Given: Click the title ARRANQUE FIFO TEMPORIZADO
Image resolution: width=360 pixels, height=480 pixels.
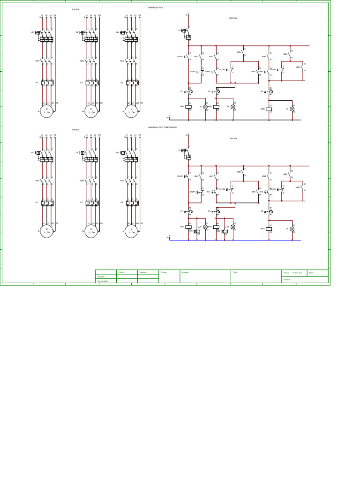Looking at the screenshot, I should tap(163, 127).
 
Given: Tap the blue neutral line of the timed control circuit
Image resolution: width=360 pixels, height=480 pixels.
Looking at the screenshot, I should tap(234, 240).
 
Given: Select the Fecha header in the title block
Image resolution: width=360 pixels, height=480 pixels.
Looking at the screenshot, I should tap(120, 272).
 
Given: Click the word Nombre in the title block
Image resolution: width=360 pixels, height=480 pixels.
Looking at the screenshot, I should tap(142, 272).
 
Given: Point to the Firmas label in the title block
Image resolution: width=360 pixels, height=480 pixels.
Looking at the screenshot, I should tap(164, 272).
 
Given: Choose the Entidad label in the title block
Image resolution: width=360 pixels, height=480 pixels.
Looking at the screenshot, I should tap(185, 272).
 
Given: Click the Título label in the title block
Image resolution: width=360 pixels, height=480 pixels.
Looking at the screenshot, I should tap(235, 272).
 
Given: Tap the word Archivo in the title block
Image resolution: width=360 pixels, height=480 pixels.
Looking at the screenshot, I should tap(287, 280).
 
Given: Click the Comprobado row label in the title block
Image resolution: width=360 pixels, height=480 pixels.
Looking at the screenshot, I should tap(102, 281).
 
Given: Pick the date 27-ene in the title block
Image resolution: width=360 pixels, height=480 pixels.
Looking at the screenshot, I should tap(297, 272).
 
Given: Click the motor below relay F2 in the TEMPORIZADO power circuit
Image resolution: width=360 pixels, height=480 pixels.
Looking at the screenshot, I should tap(91, 232).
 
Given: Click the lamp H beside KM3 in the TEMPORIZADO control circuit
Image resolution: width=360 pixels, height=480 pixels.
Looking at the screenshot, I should tap(292, 229).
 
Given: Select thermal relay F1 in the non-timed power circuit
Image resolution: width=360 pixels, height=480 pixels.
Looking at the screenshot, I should tap(47, 83).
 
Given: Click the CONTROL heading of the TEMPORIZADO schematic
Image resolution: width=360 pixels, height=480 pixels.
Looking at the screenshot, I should tap(233, 139).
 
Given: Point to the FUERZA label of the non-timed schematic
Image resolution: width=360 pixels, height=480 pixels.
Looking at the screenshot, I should tap(75, 9).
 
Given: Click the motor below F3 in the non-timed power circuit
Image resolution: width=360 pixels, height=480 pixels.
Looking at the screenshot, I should tap(131, 112).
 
